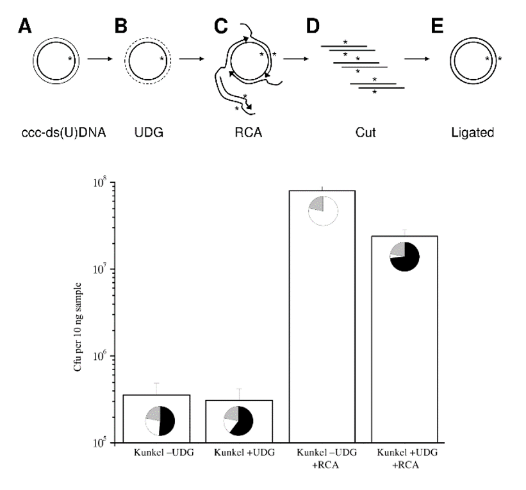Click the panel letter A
point(26,27)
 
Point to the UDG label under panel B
point(146,133)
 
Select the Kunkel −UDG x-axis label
point(163,453)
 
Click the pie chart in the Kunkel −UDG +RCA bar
point(322,211)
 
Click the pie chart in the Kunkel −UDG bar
point(160,421)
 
